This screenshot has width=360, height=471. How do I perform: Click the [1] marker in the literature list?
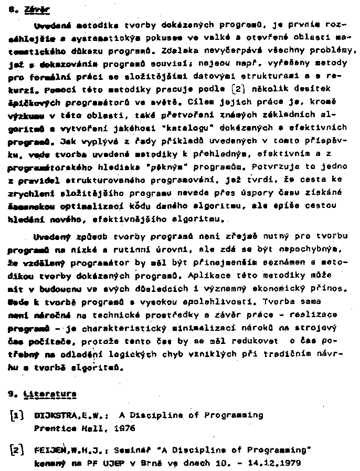pos(17,415)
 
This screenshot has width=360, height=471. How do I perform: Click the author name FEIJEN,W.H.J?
pos(69,451)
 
